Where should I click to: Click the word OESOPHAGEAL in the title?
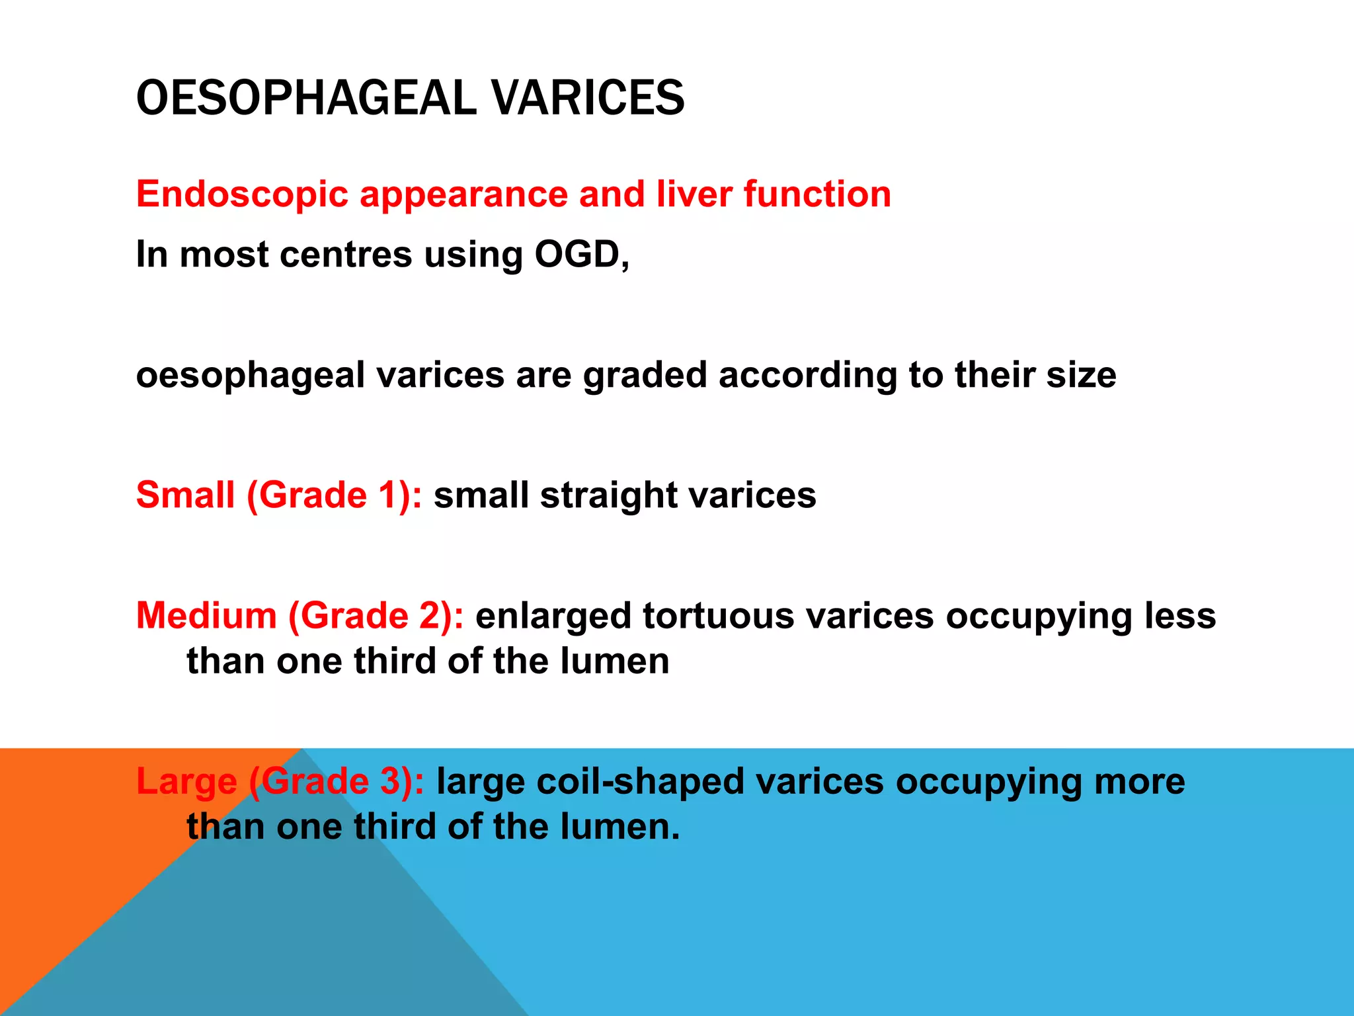click(305, 98)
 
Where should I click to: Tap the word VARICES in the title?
click(588, 98)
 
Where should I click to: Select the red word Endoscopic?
click(242, 194)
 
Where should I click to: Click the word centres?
click(346, 255)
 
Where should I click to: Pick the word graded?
click(645, 376)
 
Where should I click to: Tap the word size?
click(1081, 374)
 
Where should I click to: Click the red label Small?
click(185, 495)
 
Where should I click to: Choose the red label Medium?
click(206, 615)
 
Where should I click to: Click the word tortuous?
click(718, 615)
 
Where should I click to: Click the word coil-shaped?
click(640, 782)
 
